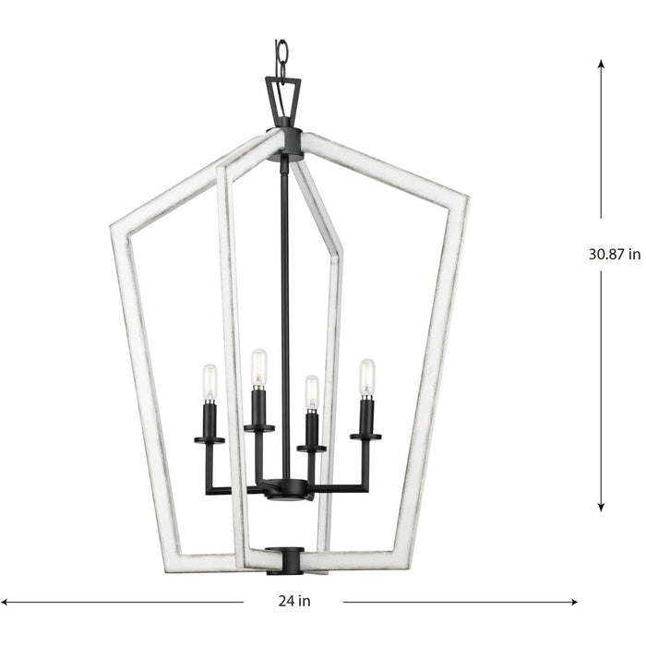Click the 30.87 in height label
coord(615,256)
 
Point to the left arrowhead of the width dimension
coord(6,602)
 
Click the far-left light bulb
coord(209,382)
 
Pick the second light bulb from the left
coord(259,366)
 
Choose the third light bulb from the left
coord(312,392)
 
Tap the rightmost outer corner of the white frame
coord(467,197)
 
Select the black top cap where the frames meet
coord(282,138)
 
